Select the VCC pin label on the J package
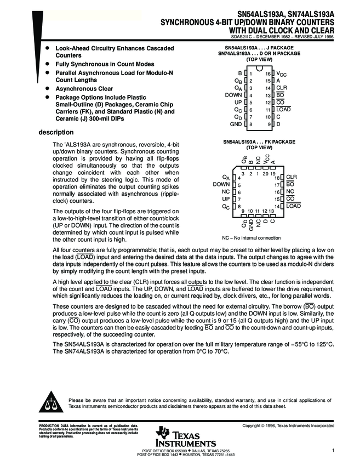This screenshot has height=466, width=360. click(281, 73)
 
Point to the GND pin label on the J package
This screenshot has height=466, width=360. click(236, 124)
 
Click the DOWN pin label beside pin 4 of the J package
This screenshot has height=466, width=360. click(233, 95)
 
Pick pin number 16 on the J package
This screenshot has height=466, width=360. click(268, 73)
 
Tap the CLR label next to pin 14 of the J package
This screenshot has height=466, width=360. click(281, 88)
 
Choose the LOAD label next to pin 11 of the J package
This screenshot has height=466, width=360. click(283, 110)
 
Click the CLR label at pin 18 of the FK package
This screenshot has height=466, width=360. click(292, 178)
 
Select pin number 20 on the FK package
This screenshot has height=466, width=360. click(266, 173)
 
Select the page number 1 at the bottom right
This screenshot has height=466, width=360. click(333, 450)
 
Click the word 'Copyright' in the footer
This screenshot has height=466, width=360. click(254, 425)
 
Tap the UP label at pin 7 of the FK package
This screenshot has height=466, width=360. click(225, 199)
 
